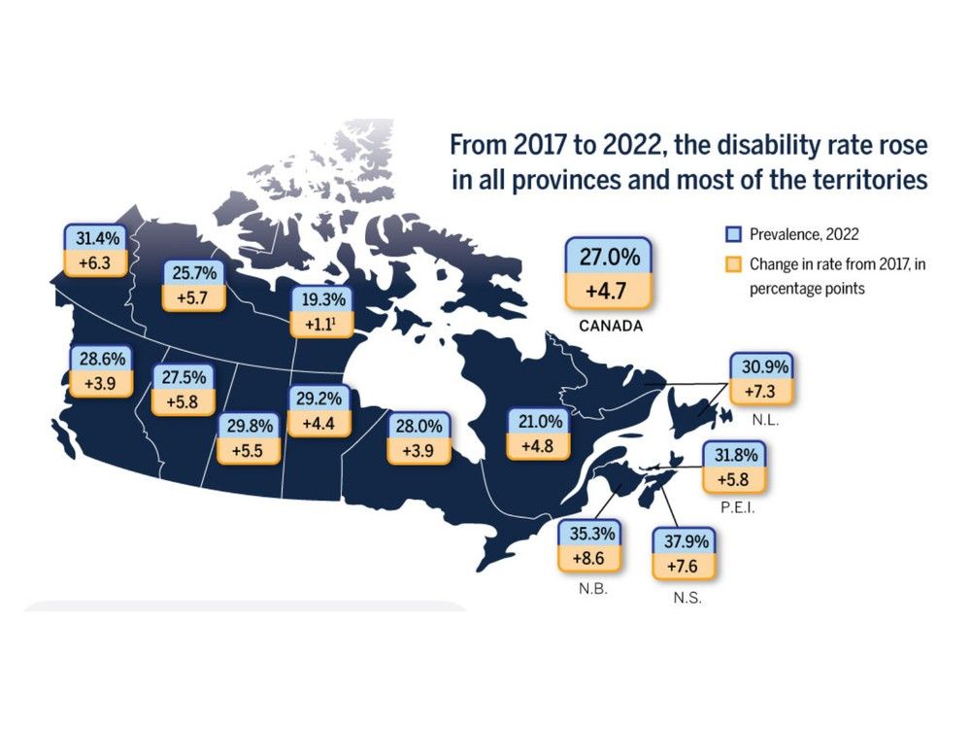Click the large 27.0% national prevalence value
(x=610, y=259)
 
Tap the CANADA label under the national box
(x=610, y=326)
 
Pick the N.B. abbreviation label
(x=589, y=588)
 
